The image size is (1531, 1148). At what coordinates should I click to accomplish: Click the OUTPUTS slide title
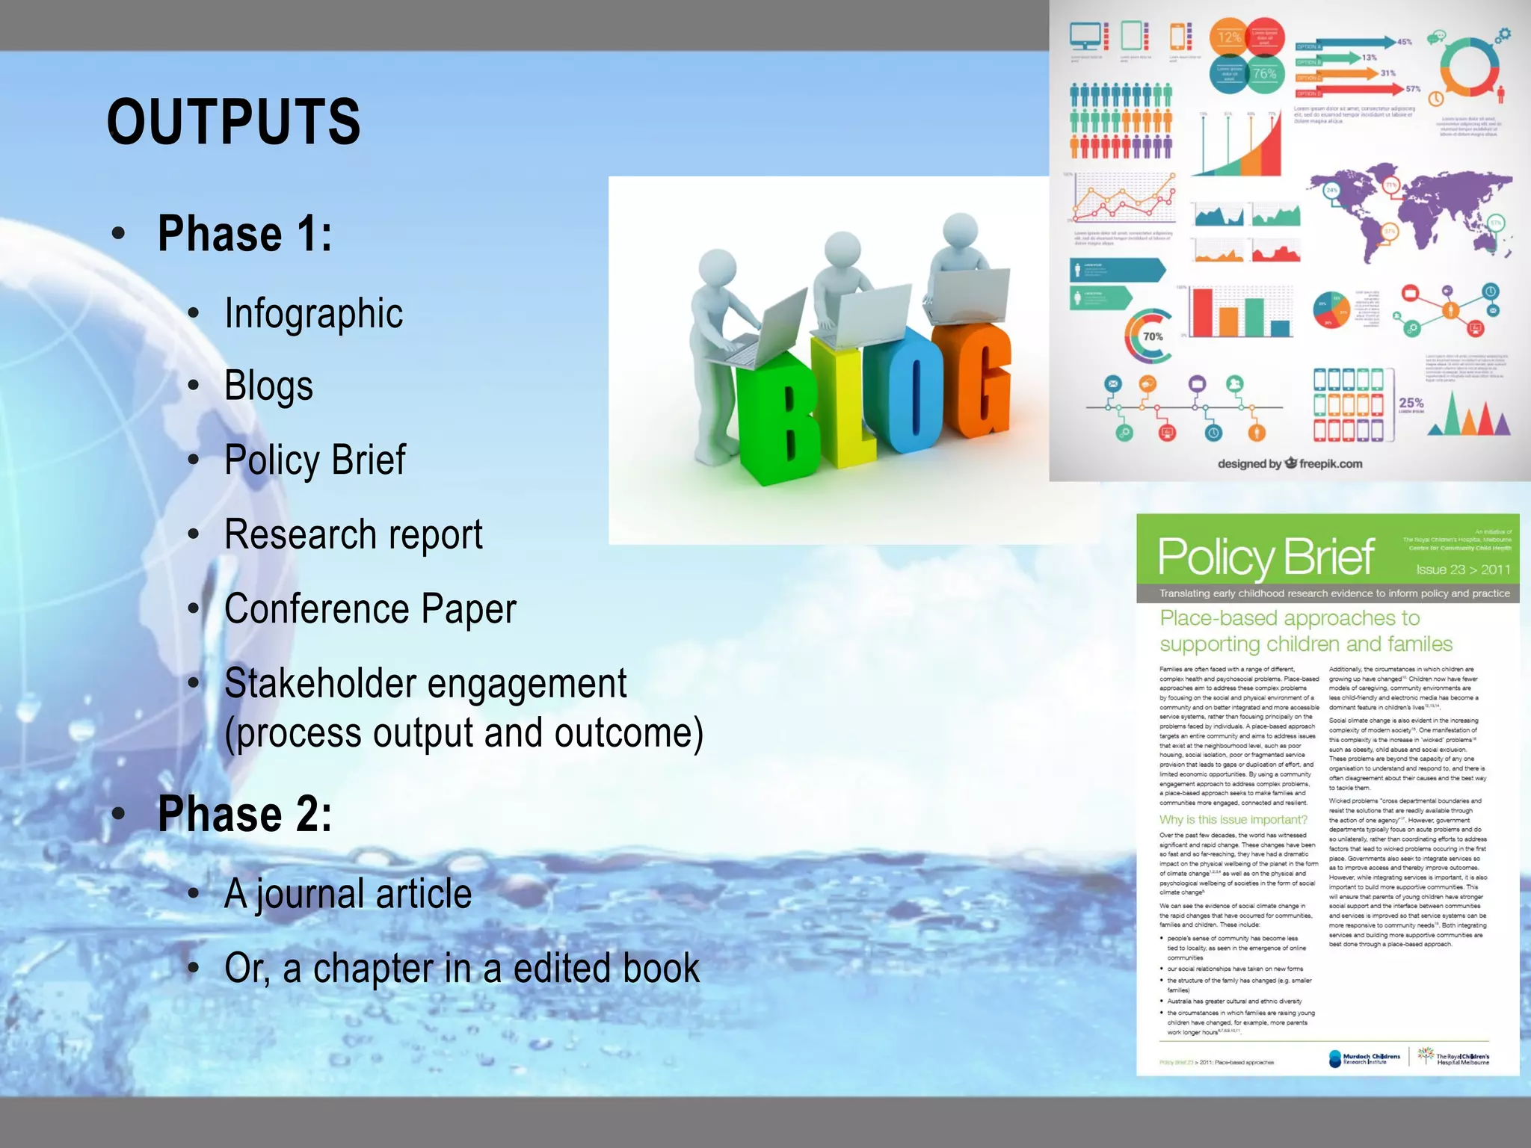tap(233, 122)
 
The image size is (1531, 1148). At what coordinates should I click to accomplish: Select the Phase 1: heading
tap(244, 234)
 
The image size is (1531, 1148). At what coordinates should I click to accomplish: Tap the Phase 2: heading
tap(244, 814)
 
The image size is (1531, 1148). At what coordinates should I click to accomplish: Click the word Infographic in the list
tap(313, 313)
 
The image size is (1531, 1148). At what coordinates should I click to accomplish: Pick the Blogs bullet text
tap(268, 386)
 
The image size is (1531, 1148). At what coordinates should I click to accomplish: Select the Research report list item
tap(353, 534)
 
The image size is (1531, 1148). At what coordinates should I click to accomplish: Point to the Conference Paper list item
tap(370, 608)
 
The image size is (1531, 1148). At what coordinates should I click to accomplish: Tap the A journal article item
tap(348, 894)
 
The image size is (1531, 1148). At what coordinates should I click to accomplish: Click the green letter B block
tap(777, 419)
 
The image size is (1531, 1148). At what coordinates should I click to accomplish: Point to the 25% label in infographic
tap(1411, 403)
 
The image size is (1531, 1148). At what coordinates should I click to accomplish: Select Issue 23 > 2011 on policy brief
tap(1463, 570)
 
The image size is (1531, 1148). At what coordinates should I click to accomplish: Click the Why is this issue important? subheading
tap(1233, 819)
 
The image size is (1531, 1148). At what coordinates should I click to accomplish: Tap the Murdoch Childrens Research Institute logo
tap(1364, 1058)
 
